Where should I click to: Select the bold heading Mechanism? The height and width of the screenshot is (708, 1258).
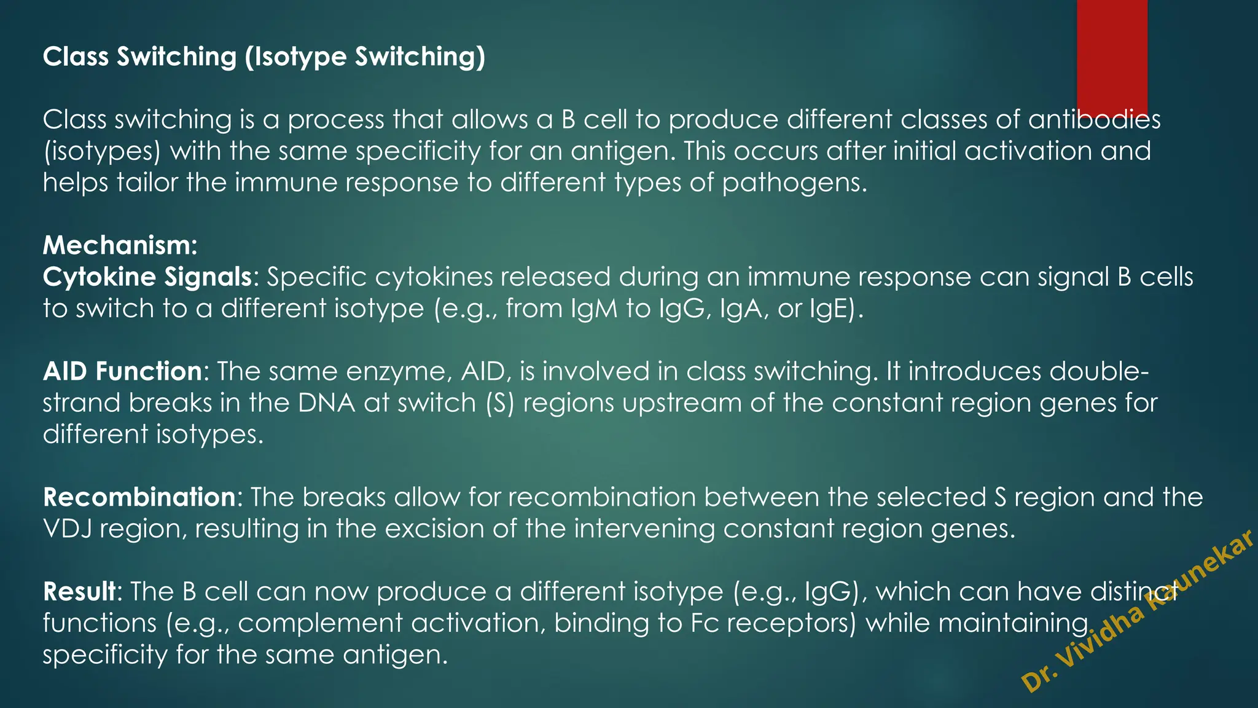pos(120,245)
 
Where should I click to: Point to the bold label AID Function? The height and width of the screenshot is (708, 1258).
pos(122,371)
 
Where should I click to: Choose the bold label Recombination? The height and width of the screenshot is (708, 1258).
pos(139,497)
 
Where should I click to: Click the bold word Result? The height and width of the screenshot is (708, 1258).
pos(79,591)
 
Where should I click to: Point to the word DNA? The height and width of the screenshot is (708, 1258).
pos(326,403)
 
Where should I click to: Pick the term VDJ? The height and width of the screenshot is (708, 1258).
pos(67,529)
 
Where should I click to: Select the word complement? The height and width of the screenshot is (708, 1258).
pos(319,623)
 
